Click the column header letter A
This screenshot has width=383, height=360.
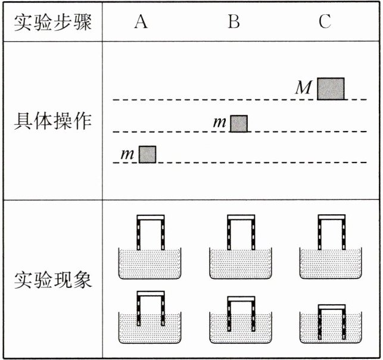[x=141, y=21]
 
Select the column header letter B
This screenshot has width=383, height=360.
[x=234, y=21]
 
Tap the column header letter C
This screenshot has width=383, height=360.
[x=325, y=21]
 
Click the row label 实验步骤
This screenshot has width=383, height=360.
[x=52, y=22]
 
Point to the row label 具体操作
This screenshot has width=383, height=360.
[x=52, y=122]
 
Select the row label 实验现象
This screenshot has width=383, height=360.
[x=52, y=280]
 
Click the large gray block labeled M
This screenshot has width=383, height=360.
[x=331, y=89]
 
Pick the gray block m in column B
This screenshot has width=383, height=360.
[x=239, y=123]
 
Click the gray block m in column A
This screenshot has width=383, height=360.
[x=147, y=154]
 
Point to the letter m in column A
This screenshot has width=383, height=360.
[x=127, y=155]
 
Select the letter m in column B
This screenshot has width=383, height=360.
[x=220, y=124]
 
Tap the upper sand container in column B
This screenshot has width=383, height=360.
[x=241, y=264]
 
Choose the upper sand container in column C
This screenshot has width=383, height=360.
[x=331, y=264]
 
